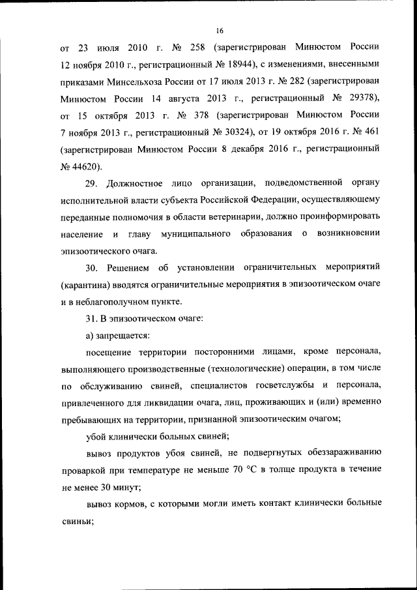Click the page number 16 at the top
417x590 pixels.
(220, 31)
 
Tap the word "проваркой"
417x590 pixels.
(87, 471)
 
